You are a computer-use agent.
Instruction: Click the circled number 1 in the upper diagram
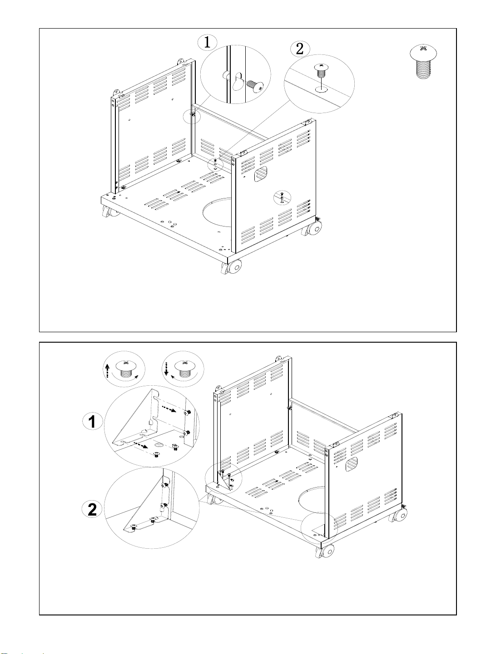[207, 42]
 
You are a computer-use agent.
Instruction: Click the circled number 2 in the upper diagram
[299, 49]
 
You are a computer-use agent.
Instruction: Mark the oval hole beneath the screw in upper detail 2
[321, 89]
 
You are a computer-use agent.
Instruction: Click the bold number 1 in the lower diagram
[92, 422]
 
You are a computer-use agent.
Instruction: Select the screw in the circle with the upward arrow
[126, 369]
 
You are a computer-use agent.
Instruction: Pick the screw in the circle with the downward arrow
[185, 369]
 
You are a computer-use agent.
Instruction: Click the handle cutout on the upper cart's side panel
[261, 174]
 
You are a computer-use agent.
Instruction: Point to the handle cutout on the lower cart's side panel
[351, 464]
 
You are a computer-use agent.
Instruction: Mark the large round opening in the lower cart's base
[313, 499]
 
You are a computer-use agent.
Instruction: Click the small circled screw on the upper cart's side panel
[282, 198]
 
